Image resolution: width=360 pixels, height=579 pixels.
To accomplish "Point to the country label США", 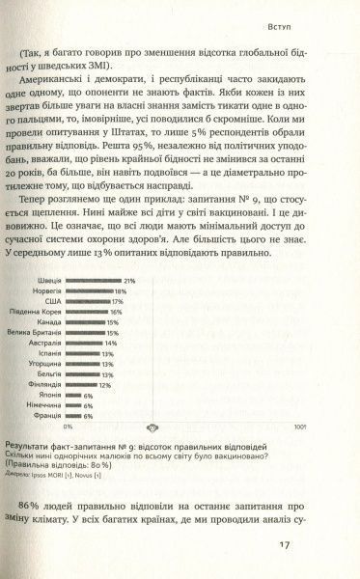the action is (56, 302).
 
